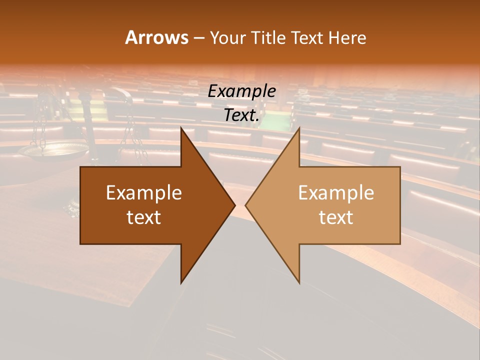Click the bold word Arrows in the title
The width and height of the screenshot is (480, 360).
pos(157,37)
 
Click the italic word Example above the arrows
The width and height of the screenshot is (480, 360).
pos(241,91)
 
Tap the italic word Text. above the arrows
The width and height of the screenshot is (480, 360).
pos(241,115)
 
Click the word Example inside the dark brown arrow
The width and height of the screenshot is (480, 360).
pos(144,192)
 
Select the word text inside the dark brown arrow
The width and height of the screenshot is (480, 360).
pos(144,217)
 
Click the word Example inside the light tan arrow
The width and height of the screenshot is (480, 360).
pos(336,192)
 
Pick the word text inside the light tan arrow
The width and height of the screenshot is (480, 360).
pos(336,217)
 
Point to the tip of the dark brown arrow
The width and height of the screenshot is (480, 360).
pos(234,205)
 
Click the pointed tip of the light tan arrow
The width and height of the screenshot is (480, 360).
pos(246,205)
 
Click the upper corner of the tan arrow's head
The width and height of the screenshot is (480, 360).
pos(299,128)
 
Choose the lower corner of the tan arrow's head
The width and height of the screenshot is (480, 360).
pos(299,282)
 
